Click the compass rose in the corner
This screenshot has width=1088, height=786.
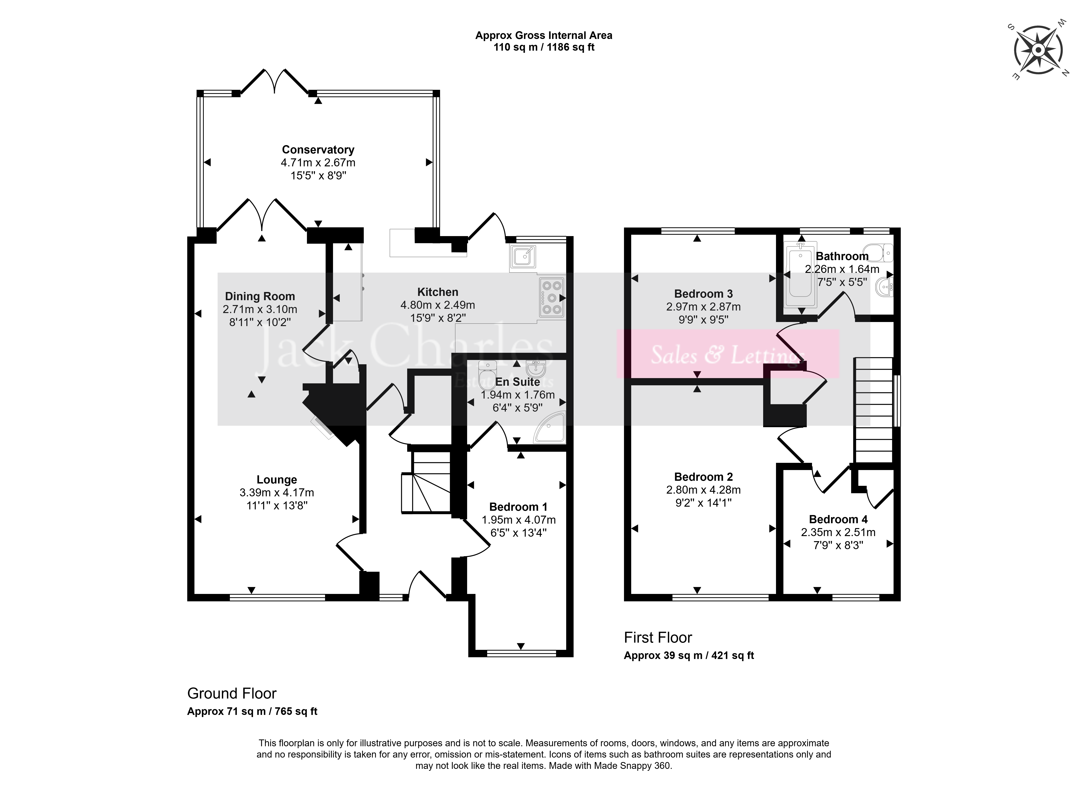[1038, 50]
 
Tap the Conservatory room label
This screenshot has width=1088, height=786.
[318, 150]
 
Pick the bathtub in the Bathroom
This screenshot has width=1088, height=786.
[800, 275]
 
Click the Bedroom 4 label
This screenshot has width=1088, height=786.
[838, 520]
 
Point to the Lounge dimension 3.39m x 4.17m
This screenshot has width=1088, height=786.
[277, 493]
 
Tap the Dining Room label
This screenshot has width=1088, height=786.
[260, 297]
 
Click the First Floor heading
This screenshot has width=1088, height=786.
[658, 638]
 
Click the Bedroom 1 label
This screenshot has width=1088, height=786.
[518, 507]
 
